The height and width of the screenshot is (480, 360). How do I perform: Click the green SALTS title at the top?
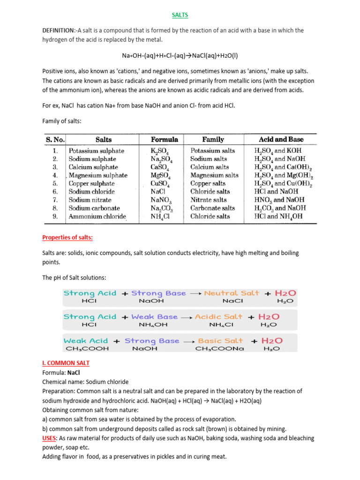(180, 15)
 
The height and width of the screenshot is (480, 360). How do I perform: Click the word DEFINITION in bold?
(58, 30)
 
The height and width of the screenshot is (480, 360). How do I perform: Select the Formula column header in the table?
(164, 139)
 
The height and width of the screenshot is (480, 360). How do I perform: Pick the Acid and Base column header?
(281, 139)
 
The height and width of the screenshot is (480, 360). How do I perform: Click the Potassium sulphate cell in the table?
(97, 151)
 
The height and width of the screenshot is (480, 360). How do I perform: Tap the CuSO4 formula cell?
(160, 184)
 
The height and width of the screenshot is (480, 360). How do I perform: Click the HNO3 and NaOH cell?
(280, 200)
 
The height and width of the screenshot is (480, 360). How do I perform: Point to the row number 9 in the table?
(55, 217)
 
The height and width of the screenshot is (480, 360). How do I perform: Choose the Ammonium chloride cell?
(97, 217)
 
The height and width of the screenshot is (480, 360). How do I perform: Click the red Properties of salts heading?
(67, 238)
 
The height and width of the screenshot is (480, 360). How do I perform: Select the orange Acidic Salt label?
(218, 317)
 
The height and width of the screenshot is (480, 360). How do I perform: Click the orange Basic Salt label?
(220, 341)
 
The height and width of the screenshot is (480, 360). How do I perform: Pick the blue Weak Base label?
(155, 317)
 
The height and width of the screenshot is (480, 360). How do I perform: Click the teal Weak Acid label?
(86, 341)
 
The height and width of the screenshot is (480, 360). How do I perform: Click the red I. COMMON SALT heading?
(66, 363)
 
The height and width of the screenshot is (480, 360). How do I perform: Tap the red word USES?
(51, 438)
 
